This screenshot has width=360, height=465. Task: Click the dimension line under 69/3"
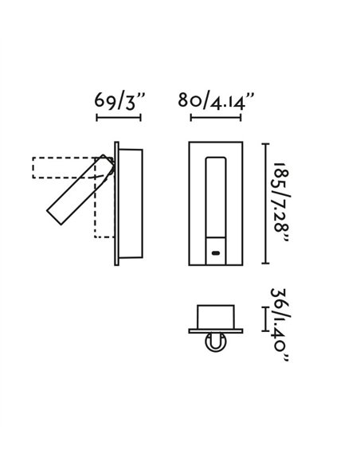point(118,119)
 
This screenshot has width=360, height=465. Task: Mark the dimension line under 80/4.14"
point(216,119)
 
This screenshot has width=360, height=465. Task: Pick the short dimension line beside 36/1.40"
point(264,319)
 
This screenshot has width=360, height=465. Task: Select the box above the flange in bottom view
point(216,317)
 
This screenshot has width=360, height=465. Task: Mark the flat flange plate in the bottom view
point(216,331)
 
